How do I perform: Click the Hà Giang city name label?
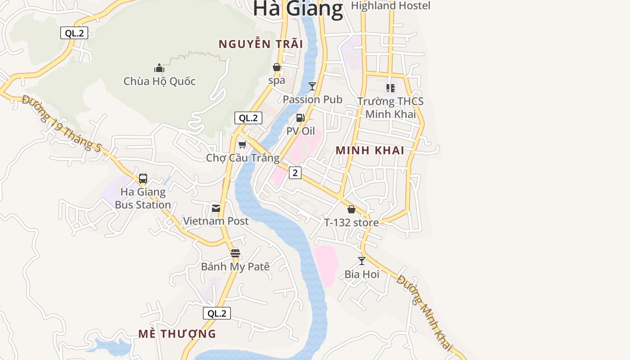(x=298, y=9)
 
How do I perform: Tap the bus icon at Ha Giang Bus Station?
(x=143, y=179)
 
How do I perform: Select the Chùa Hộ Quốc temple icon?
(x=159, y=68)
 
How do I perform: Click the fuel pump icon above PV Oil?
(x=300, y=118)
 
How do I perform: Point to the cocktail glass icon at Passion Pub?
(x=312, y=86)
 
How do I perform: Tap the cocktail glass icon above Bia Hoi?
(x=362, y=261)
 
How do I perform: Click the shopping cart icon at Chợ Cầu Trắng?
(x=243, y=144)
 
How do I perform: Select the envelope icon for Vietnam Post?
(x=216, y=208)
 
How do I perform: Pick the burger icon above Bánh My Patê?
(x=235, y=253)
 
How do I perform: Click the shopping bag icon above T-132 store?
(x=351, y=209)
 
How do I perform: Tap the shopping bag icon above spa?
(x=277, y=67)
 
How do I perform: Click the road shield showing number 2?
(x=295, y=172)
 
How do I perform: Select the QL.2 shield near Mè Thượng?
(x=217, y=313)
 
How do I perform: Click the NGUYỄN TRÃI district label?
(x=261, y=44)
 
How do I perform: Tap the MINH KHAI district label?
(x=370, y=151)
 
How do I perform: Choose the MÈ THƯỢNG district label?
(x=177, y=334)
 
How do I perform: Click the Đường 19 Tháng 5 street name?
(x=62, y=123)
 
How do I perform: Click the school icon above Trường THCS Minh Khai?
(x=391, y=88)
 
